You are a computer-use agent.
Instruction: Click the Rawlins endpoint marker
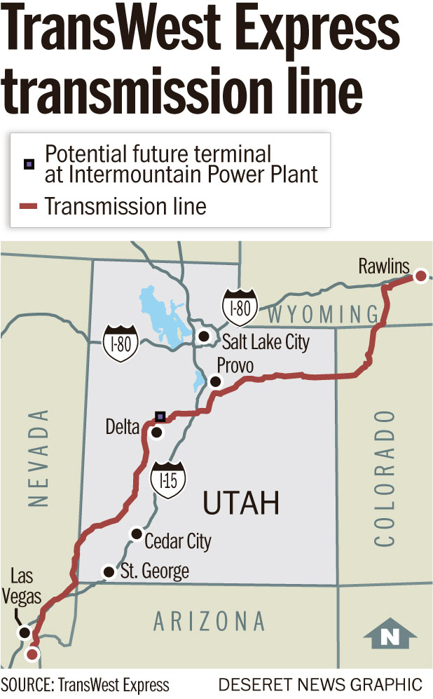(x=420, y=276)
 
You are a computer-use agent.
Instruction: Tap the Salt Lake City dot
(x=204, y=337)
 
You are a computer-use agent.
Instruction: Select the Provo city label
(x=235, y=366)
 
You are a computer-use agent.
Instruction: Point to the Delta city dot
(x=157, y=433)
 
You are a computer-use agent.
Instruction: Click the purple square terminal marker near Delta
(x=160, y=416)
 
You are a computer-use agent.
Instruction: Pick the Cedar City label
(x=177, y=541)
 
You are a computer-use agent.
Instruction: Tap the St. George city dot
(x=109, y=572)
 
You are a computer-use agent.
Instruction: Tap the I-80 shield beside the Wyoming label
(x=239, y=306)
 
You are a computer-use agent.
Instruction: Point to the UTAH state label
(x=241, y=503)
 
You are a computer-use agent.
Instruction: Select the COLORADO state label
(x=385, y=478)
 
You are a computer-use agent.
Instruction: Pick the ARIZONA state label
(x=209, y=621)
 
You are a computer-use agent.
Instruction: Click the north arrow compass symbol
(x=390, y=634)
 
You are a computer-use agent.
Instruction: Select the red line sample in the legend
(x=28, y=206)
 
